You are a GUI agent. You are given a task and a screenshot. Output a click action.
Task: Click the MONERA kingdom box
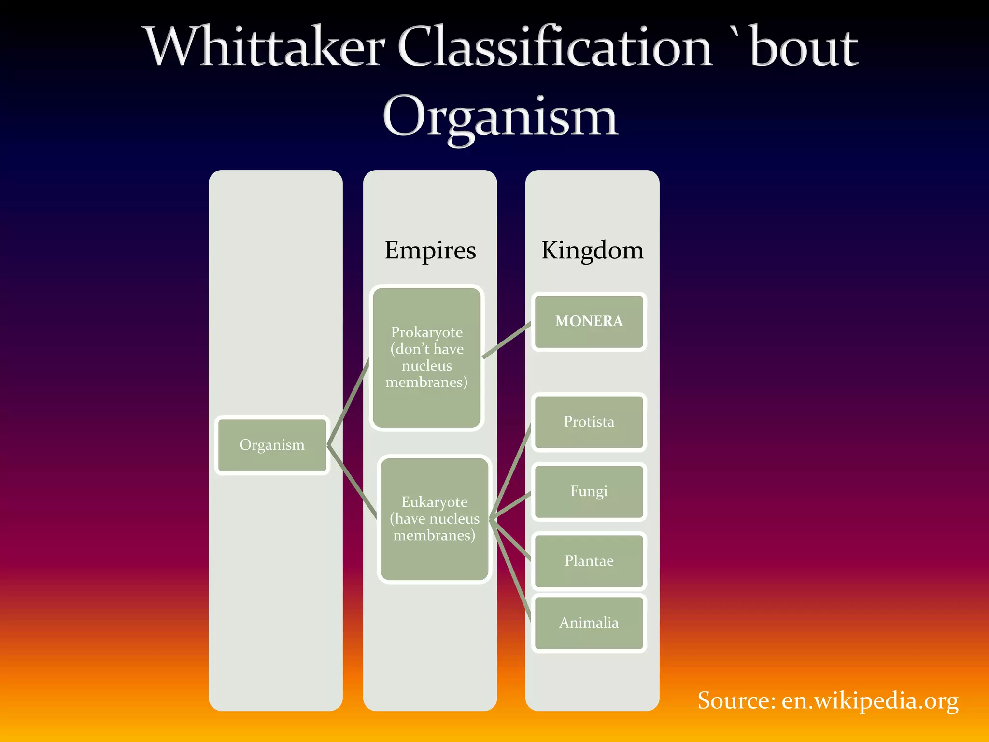(x=589, y=321)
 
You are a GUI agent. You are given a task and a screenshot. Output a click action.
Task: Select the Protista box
(x=589, y=422)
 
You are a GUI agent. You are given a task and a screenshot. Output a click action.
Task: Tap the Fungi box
(x=589, y=492)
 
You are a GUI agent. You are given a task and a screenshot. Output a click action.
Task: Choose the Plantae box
(x=589, y=561)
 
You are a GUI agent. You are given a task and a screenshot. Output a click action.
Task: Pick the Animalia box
(x=589, y=623)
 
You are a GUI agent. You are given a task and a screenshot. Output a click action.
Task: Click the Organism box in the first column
(x=272, y=445)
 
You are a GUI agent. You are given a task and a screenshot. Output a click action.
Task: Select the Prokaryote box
(x=426, y=357)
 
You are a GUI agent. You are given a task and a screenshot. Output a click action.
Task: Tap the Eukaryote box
(x=434, y=519)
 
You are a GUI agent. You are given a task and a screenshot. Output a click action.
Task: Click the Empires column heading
(x=430, y=250)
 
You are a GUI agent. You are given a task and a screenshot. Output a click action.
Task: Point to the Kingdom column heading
(x=592, y=250)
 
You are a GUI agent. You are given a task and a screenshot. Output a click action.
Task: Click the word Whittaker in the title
(x=266, y=47)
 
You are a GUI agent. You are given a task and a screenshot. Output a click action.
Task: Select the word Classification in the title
(x=555, y=47)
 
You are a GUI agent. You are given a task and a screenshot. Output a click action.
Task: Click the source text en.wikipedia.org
(x=870, y=701)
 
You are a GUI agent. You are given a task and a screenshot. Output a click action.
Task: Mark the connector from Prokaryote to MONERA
(x=507, y=341)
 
